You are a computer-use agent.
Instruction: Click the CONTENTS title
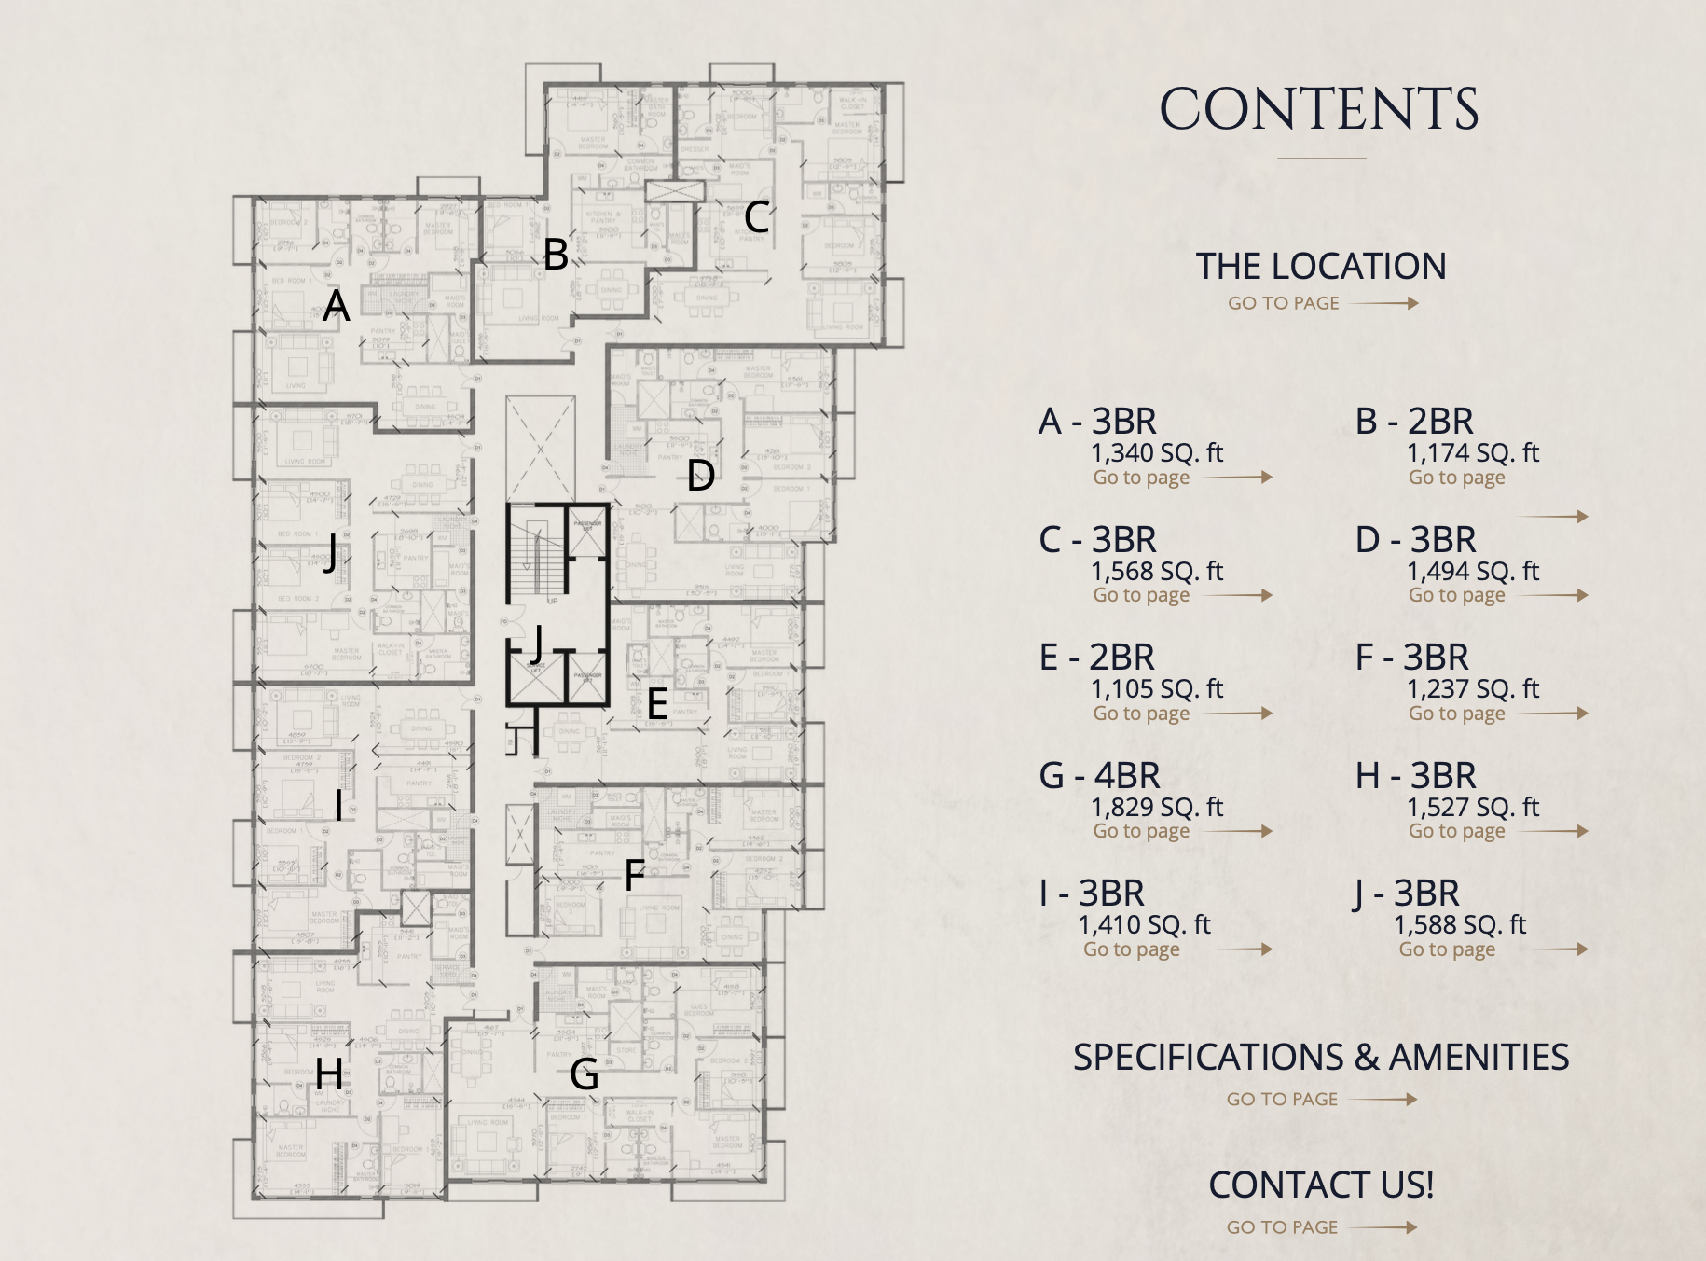pos(1319,110)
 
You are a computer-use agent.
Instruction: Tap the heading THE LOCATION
pos(1321,267)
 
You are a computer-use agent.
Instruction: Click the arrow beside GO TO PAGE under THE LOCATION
pos(1385,303)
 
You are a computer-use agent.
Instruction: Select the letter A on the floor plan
pos(336,305)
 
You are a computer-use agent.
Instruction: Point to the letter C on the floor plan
pos(756,217)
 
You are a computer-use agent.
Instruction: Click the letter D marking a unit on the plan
pos(701,476)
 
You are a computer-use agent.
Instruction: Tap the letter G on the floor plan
pos(585,1074)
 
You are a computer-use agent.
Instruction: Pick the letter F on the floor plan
pos(634,875)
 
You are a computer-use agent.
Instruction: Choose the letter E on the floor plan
pos(656,704)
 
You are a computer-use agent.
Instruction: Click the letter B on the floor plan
pos(556,255)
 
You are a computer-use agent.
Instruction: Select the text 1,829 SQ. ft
pos(1157,807)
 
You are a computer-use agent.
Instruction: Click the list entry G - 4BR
pos(1100,776)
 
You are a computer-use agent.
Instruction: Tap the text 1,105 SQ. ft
pos(1157,689)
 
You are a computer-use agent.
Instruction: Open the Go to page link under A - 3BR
pos(1141,478)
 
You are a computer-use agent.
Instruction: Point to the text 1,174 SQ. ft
pos(1473,453)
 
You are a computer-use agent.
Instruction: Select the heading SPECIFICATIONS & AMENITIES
pos(1321,1058)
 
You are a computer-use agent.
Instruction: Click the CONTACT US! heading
pos(1321,1185)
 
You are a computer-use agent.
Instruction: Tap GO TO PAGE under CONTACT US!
pos(1282,1227)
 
